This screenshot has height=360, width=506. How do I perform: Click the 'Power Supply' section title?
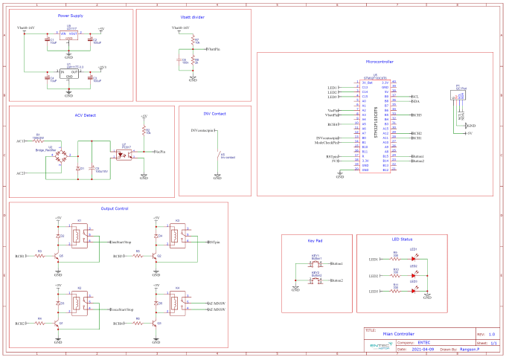[x=71, y=15]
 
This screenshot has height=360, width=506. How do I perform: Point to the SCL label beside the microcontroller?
[x=415, y=96]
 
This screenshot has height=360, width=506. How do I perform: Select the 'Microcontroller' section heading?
[x=379, y=62]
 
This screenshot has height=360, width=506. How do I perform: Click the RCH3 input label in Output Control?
[x=118, y=257]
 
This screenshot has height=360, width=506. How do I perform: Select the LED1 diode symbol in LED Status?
[x=413, y=258]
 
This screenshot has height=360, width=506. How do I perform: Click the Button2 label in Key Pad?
[x=336, y=280]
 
